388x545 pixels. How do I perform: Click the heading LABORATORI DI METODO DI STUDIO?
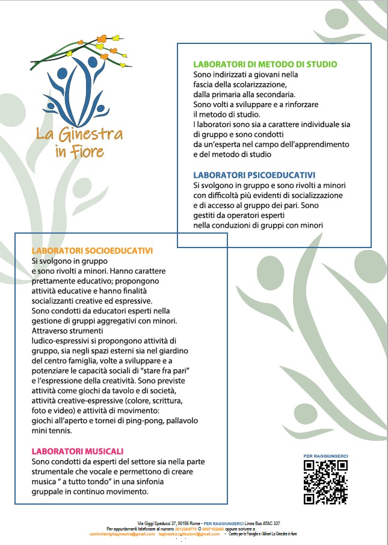tap(265, 64)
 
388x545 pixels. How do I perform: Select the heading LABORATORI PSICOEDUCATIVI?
tap(254, 175)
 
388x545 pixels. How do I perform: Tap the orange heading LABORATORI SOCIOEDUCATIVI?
tap(92, 250)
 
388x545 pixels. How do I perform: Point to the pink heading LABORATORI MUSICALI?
tap(77, 450)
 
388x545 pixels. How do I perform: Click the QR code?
tap(325, 482)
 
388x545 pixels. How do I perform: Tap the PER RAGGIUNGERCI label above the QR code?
tap(325, 456)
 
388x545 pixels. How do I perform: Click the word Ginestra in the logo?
tap(87, 133)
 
